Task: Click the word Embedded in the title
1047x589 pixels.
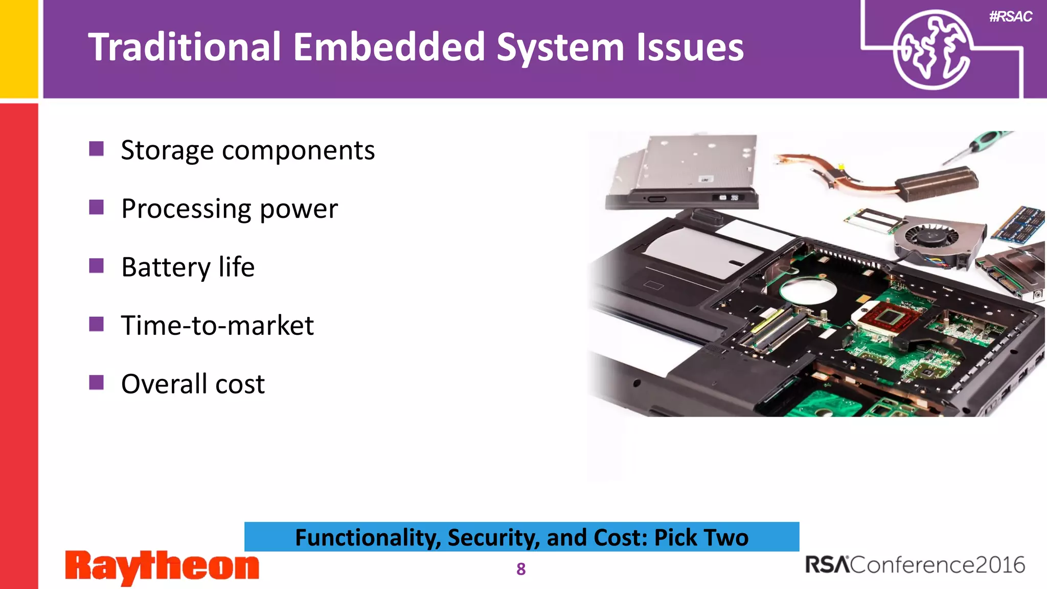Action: click(389, 47)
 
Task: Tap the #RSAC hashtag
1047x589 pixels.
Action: click(1010, 16)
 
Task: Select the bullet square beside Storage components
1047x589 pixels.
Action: click(96, 149)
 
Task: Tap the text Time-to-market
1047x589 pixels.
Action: click(217, 326)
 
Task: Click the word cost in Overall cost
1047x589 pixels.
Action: click(240, 384)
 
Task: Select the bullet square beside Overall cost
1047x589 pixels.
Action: click(96, 382)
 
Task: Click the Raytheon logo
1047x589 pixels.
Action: click(162, 567)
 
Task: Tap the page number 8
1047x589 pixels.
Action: click(521, 569)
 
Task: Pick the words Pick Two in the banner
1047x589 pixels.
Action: click(701, 537)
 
